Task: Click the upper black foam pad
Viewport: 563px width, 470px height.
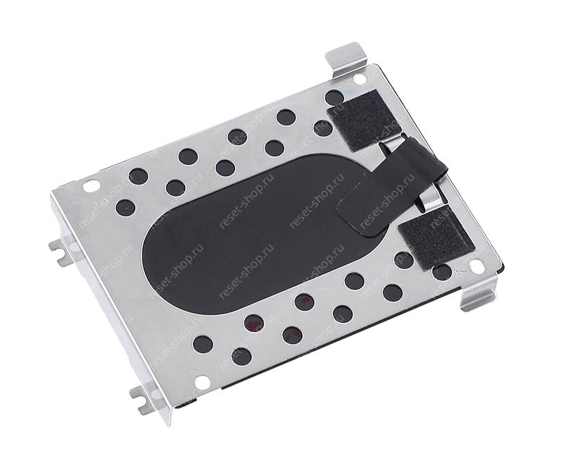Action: pyautogui.click(x=363, y=119)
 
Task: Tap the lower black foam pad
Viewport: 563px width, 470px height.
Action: pyautogui.click(x=436, y=237)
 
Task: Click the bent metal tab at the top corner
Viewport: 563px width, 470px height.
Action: pyautogui.click(x=346, y=59)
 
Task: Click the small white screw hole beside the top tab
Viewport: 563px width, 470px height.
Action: pyautogui.click(x=359, y=78)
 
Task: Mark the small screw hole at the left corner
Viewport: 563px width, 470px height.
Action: pyautogui.click(x=91, y=185)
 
